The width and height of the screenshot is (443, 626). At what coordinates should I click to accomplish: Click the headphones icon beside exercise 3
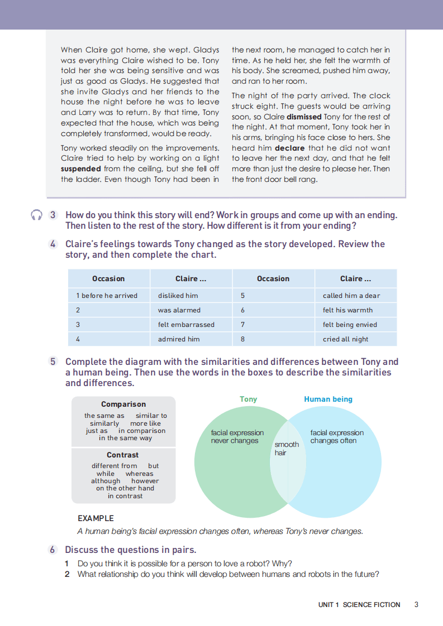point(37,215)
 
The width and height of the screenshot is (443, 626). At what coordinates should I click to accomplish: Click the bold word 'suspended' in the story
point(80,168)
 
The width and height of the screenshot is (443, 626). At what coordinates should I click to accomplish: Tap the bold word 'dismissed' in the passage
point(304,117)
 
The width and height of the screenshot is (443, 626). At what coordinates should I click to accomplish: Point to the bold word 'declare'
point(289,148)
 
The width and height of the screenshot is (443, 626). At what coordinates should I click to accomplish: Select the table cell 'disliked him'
point(178,296)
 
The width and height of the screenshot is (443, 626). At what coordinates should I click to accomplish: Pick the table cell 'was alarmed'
point(179,310)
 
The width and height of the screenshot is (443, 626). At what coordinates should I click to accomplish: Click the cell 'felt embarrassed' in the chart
point(186,325)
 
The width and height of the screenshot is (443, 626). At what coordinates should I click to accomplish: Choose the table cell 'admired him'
point(179,339)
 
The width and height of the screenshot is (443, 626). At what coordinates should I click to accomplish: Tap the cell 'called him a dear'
point(351,296)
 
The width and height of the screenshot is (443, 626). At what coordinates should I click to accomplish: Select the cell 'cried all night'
point(345,339)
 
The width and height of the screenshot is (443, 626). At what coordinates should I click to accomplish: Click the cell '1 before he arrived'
point(107,296)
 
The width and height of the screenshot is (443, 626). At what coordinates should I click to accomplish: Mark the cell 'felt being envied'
point(350,325)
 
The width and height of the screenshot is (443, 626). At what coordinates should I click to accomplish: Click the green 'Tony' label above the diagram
point(248,399)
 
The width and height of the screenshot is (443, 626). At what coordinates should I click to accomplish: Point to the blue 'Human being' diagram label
point(328,399)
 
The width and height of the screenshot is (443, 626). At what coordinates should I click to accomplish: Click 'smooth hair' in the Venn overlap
point(287,449)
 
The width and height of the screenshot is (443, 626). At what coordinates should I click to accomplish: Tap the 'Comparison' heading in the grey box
point(123,404)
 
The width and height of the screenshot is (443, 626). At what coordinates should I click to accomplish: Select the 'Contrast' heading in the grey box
point(123,455)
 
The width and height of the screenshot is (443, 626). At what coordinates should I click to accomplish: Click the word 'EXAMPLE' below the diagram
point(96,518)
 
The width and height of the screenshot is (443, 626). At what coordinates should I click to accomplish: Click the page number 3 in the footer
point(417,604)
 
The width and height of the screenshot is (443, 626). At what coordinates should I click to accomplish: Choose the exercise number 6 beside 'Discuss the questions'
point(53,550)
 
